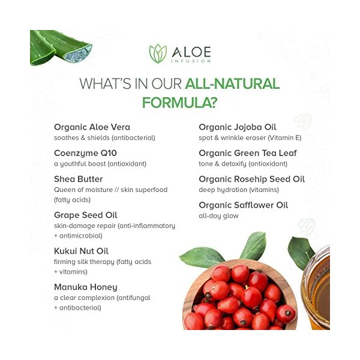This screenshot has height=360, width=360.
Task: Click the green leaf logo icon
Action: [x=157, y=53]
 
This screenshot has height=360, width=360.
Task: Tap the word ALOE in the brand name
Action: [x=189, y=50]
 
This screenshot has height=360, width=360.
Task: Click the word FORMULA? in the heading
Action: [x=179, y=102]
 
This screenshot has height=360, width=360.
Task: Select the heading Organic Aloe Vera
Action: [x=92, y=127]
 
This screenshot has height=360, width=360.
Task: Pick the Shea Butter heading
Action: [x=79, y=179]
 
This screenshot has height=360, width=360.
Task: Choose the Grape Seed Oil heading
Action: [x=85, y=215]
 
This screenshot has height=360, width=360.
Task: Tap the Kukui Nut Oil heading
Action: [x=81, y=251]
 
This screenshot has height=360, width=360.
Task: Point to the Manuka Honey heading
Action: [x=86, y=287]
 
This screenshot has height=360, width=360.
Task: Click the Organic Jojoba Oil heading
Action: [x=238, y=127]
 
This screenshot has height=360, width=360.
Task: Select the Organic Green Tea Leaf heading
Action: [x=248, y=153]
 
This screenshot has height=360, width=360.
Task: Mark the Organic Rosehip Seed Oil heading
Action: [x=251, y=179]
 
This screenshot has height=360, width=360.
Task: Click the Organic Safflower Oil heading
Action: [x=244, y=205]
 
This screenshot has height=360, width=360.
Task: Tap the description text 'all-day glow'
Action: [x=218, y=216]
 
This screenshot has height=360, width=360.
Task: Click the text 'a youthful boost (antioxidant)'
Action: [x=100, y=164]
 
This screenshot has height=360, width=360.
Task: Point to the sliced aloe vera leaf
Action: [x=60, y=48]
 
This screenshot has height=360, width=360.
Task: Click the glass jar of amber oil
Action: [x=316, y=288]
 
